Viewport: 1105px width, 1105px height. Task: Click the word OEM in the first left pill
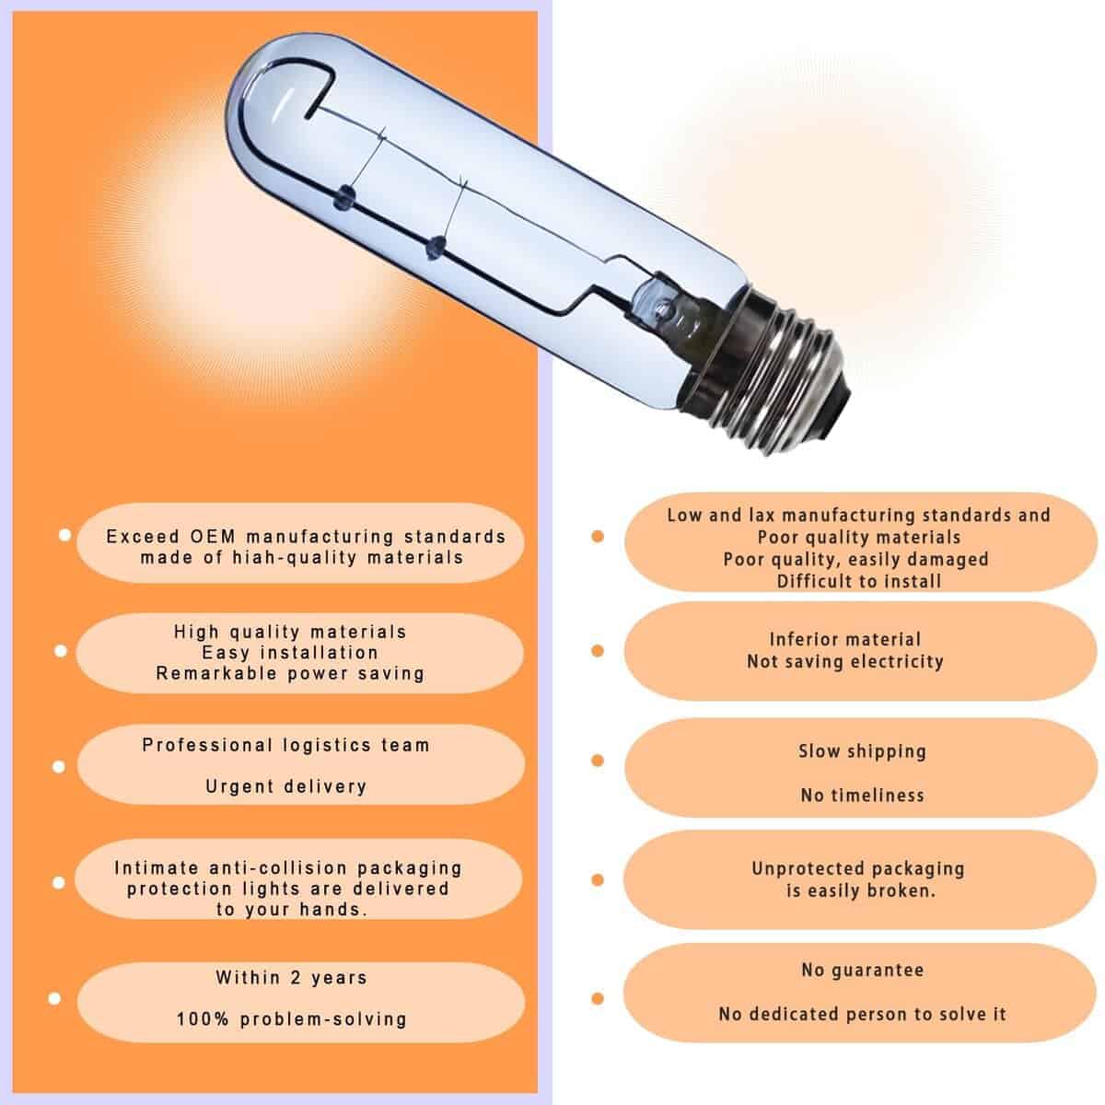click(x=212, y=537)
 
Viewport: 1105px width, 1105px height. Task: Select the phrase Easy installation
click(x=290, y=653)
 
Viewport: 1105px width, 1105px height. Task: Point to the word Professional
click(x=207, y=746)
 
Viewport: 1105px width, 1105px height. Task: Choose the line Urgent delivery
click(x=286, y=786)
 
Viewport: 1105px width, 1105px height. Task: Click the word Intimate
click(x=157, y=867)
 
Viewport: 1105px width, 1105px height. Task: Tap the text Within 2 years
click(x=291, y=978)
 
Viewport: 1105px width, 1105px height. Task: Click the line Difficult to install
click(x=859, y=581)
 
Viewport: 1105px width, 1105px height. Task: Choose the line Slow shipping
click(x=863, y=751)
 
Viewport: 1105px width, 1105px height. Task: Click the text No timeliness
click(x=863, y=796)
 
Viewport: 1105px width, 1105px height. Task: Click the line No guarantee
click(x=863, y=971)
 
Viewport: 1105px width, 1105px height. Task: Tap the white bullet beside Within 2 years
click(x=54, y=999)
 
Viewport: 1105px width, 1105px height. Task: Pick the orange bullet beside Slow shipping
click(x=598, y=761)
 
